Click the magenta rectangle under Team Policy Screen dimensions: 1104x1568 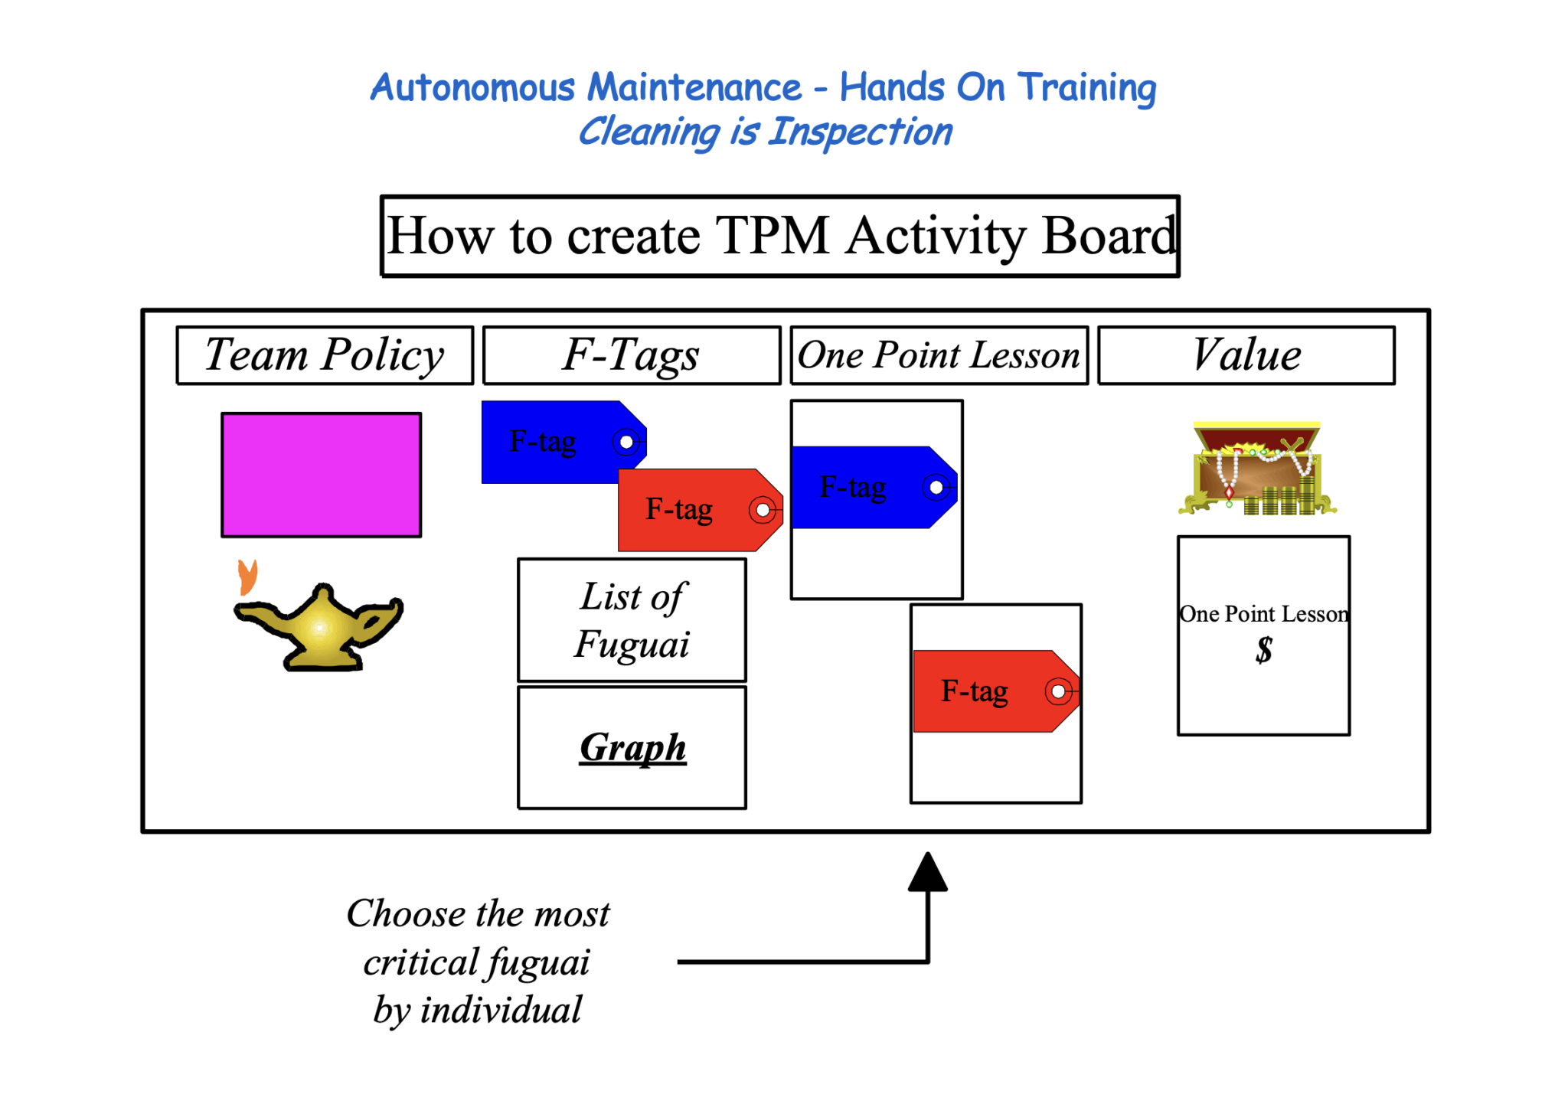coord(321,475)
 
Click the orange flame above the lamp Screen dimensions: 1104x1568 coord(247,576)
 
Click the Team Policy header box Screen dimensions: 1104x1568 coord(325,355)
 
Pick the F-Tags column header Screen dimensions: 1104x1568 coord(632,355)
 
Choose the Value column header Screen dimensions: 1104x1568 coord(1246,355)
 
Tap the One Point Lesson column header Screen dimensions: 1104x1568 coord(939,355)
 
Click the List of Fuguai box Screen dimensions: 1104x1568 coord(632,620)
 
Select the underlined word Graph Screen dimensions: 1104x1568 coord(632,747)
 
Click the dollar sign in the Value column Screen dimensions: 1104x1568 coord(1263,650)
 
